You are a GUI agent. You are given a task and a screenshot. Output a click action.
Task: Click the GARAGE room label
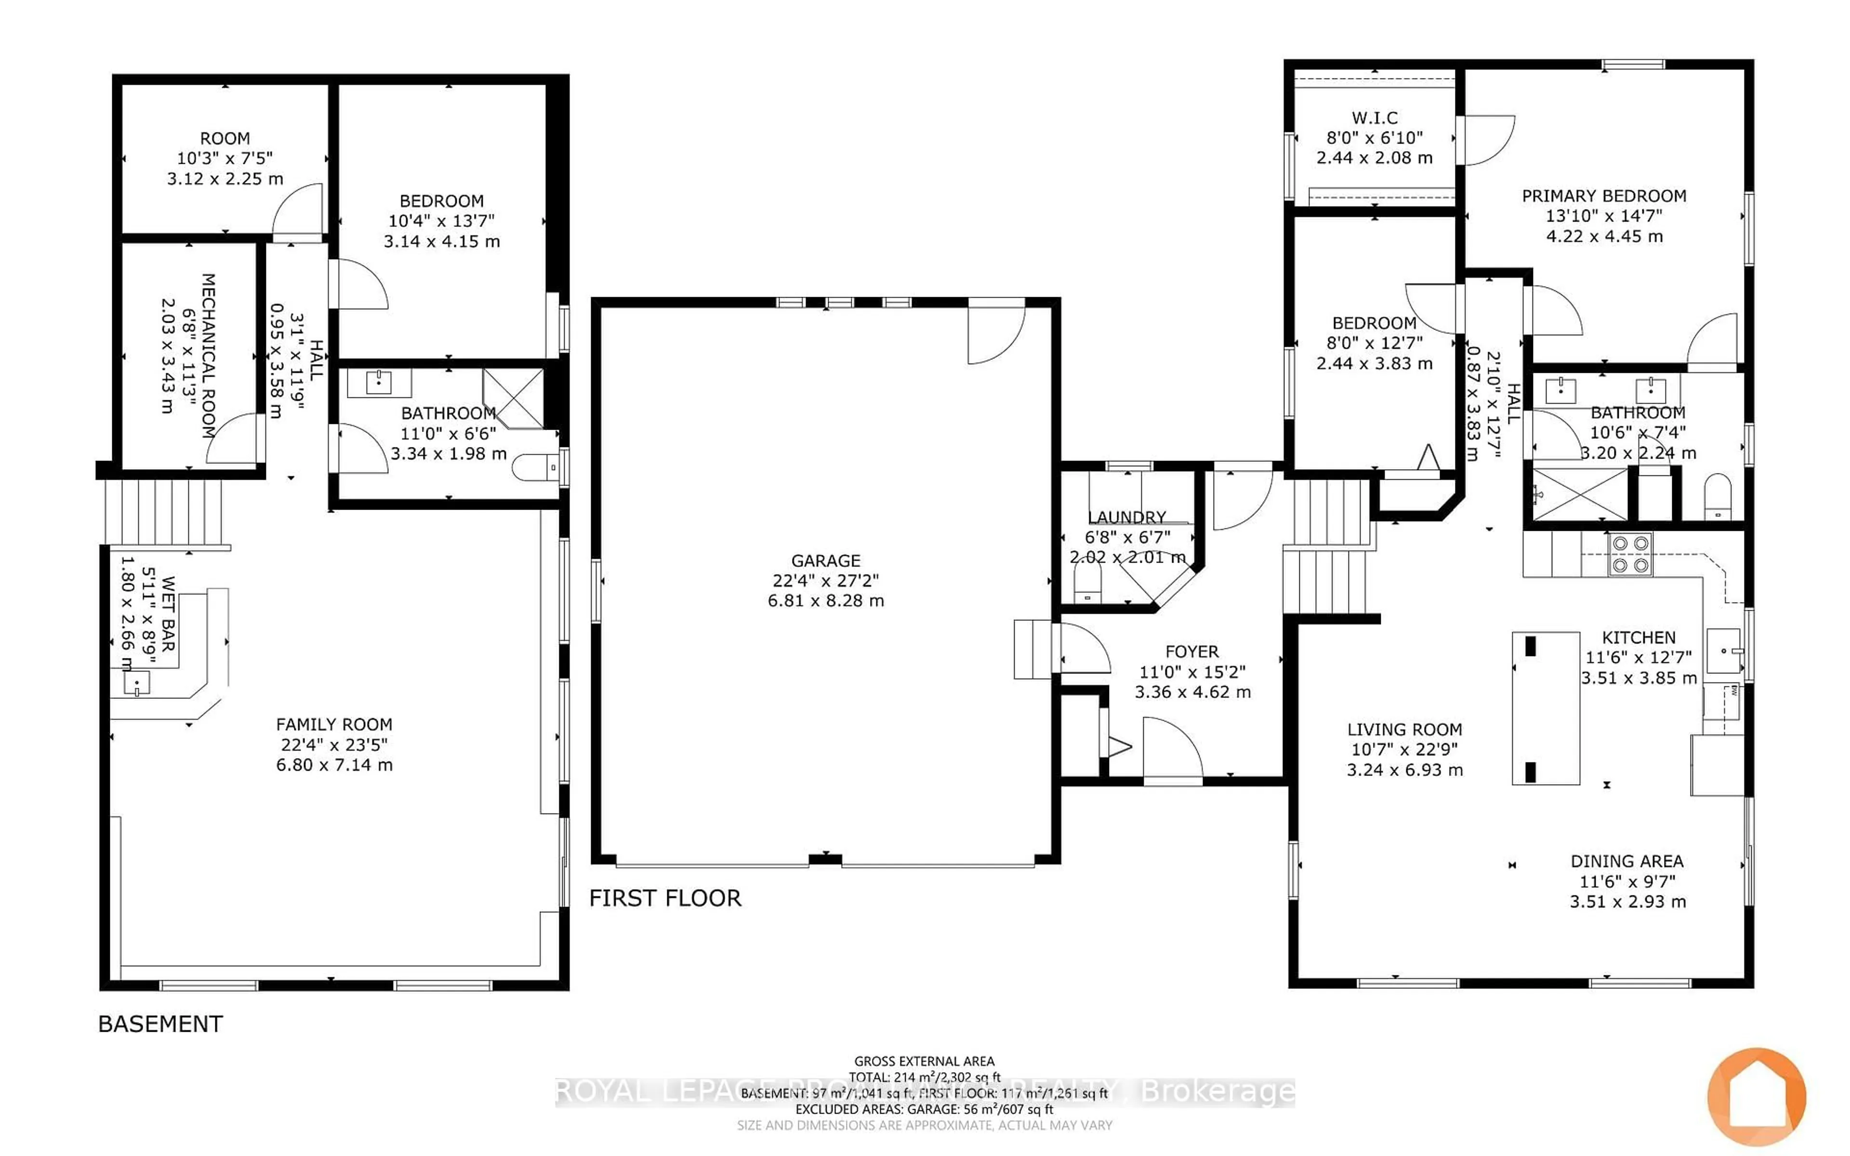pyautogui.click(x=826, y=560)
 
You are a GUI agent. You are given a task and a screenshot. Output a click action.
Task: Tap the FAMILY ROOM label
pyautogui.click(x=334, y=724)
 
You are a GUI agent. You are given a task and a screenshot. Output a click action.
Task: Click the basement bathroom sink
pyautogui.click(x=378, y=382)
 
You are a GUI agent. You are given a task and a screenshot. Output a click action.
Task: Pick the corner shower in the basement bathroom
pyautogui.click(x=514, y=397)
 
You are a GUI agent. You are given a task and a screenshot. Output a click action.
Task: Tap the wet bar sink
pyautogui.click(x=136, y=683)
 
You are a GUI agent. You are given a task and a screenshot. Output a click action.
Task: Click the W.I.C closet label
pyautogui.click(x=1374, y=118)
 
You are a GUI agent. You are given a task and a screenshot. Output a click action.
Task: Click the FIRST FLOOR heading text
pyautogui.click(x=665, y=898)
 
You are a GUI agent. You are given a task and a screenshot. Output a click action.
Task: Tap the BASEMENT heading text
pyautogui.click(x=160, y=1024)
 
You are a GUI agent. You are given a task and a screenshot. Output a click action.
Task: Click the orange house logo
pyautogui.click(x=1757, y=1096)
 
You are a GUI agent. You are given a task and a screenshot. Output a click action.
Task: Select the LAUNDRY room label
pyautogui.click(x=1127, y=517)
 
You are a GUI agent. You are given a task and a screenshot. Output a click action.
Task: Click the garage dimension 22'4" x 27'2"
pyautogui.click(x=826, y=580)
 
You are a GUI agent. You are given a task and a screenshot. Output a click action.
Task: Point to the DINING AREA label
pyautogui.click(x=1627, y=861)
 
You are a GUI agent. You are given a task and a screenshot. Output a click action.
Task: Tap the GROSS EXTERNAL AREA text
pyautogui.click(x=924, y=1061)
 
